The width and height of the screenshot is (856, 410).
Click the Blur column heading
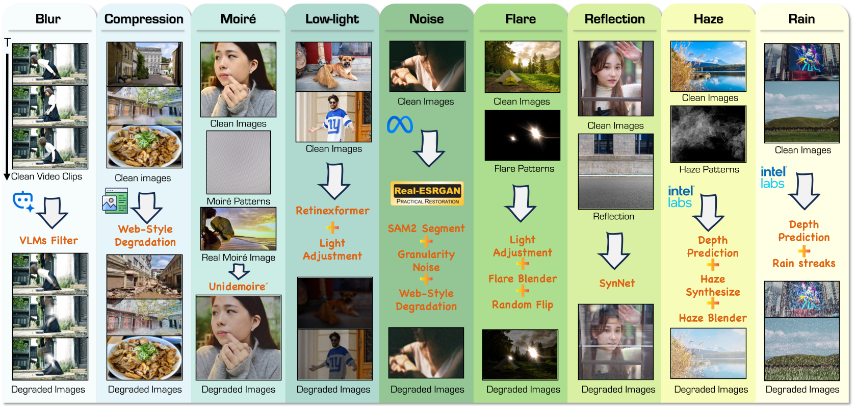pyautogui.click(x=48, y=19)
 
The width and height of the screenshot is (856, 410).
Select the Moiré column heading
pyautogui.click(x=238, y=19)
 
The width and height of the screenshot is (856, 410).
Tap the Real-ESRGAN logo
pyautogui.click(x=427, y=193)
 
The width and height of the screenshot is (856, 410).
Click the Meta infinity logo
pyautogui.click(x=400, y=124)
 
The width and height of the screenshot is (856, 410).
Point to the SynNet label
pyautogui.click(x=617, y=283)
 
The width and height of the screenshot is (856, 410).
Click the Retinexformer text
pyautogui.click(x=332, y=211)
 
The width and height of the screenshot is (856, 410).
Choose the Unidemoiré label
pyautogui.click(x=238, y=286)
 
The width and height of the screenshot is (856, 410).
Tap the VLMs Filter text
pyautogui.click(x=48, y=240)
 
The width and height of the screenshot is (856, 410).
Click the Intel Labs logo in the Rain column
pyautogui.click(x=773, y=177)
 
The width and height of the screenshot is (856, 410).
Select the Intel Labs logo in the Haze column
pyautogui.click(x=681, y=196)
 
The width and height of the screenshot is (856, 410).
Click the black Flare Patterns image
pyautogui.click(x=522, y=135)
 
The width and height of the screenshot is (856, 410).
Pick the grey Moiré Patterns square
pyautogui.click(x=238, y=162)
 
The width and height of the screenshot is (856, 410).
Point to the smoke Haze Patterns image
pyautogui.click(x=708, y=134)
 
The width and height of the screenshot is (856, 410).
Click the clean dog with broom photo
pyautogui.click(x=333, y=67)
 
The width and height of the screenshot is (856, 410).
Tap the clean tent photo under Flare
pyautogui.click(x=522, y=67)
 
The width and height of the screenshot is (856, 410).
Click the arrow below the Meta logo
pyautogui.click(x=429, y=148)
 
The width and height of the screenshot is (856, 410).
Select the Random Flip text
pyautogui.click(x=522, y=304)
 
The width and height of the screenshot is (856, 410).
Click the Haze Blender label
pyautogui.click(x=712, y=318)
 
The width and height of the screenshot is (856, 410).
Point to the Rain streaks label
pyautogui.click(x=803, y=263)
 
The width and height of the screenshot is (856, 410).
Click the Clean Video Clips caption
pyautogui.click(x=46, y=176)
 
